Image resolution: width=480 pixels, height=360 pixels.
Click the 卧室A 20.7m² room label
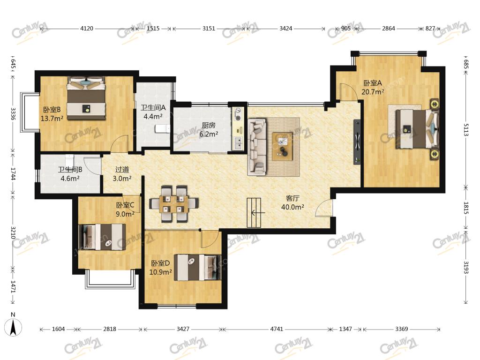pyautogui.click(x=373, y=87)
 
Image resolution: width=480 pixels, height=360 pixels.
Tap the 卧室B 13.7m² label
pyautogui.click(x=52, y=114)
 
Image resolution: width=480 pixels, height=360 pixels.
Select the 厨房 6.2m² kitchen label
pyautogui.click(x=209, y=129)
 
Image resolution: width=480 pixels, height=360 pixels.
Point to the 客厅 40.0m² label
pyautogui.click(x=292, y=202)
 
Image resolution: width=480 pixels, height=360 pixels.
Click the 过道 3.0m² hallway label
pyautogui.click(x=122, y=174)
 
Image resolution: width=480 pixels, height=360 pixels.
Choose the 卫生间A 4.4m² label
pyautogui.click(x=153, y=112)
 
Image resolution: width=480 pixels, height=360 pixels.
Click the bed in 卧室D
pyautogui.click(x=197, y=267)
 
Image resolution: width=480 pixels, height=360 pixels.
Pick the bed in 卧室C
pyautogui.click(x=102, y=237)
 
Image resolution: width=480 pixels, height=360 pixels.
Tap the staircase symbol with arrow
pyautogui.click(x=254, y=213)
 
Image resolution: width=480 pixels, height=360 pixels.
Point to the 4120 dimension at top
pyautogui.click(x=87, y=29)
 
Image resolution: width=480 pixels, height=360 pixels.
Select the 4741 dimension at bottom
pyautogui.click(x=277, y=329)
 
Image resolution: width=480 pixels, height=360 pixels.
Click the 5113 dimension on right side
pyautogui.click(x=466, y=130)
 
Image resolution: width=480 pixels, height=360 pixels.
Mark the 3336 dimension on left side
pyautogui.click(x=13, y=113)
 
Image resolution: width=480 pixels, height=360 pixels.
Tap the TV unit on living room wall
pyautogui.click(x=357, y=142)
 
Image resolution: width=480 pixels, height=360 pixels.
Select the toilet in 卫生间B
pyautogui.click(x=70, y=160)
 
